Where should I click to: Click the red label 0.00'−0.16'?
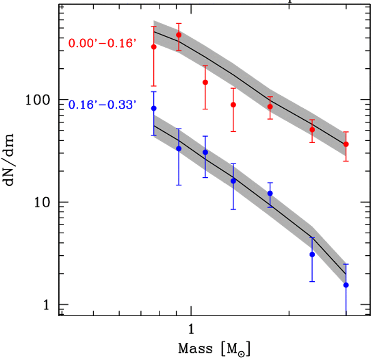click(102, 43)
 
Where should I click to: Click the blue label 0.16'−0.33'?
click(102, 104)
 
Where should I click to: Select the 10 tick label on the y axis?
click(44, 202)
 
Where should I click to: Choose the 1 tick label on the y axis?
click(48, 305)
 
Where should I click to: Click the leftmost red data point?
click(154, 47)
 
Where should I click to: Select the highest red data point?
click(179, 35)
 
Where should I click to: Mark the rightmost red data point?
click(346, 144)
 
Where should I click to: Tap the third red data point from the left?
click(205, 82)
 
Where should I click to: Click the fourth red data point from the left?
click(233, 105)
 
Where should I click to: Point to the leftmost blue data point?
click(154, 108)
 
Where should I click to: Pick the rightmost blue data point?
click(346, 285)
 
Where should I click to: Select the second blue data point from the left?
click(179, 149)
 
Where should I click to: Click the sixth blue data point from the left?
click(312, 254)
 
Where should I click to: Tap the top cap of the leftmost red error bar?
click(154, 26)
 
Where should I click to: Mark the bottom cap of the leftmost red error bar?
click(154, 86)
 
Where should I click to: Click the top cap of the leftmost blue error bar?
click(154, 92)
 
